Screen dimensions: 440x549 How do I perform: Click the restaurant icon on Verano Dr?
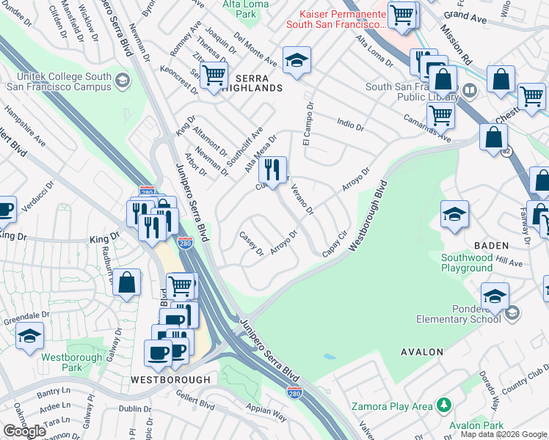272,170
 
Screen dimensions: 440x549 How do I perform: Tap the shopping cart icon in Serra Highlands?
213,76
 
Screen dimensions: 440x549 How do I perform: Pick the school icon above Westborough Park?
29,337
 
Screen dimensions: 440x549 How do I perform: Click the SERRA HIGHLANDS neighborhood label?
248,88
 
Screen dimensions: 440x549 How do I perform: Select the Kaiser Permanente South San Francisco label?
342,20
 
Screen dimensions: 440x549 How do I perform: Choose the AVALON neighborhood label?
422,352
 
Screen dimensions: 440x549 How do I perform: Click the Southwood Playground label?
466,263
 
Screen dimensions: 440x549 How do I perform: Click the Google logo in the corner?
24,431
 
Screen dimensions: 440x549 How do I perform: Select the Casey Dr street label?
252,244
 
